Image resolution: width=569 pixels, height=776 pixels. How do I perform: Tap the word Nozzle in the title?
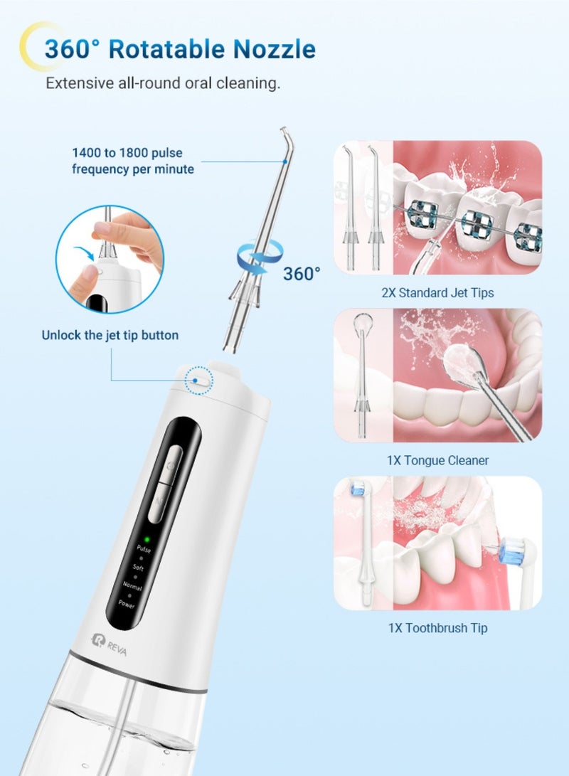coord(274,49)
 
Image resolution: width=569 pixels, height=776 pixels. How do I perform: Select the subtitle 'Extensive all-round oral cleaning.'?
coord(163,83)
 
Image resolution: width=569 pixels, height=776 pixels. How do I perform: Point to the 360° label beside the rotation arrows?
coord(302,273)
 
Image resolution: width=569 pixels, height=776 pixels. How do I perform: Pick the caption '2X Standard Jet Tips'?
coord(437,292)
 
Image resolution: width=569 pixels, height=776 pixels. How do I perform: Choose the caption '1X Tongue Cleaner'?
coord(437,460)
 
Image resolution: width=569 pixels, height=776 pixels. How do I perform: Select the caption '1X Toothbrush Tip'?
coord(437,628)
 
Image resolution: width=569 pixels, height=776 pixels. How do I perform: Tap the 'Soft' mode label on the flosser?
coord(139,567)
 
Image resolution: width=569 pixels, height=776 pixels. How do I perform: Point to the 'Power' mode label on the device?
coord(127,605)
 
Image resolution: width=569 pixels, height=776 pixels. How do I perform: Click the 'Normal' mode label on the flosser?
coord(132,588)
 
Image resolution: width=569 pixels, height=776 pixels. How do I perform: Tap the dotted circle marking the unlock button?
coord(198,381)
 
